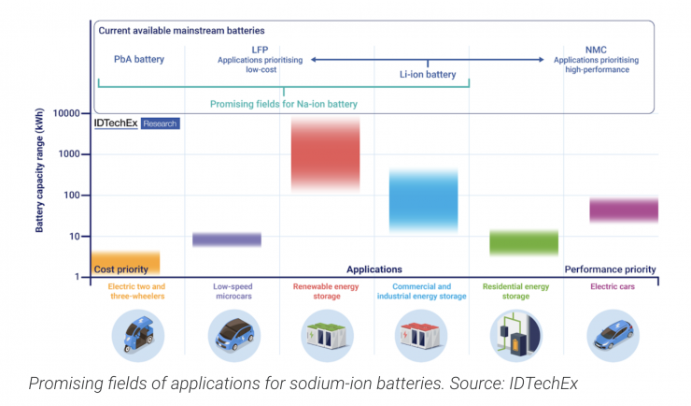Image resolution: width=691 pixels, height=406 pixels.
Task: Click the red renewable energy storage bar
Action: click(x=325, y=154)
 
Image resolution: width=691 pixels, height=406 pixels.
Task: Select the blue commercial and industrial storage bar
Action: click(x=423, y=200)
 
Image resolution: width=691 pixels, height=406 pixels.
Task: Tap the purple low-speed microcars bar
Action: click(x=227, y=239)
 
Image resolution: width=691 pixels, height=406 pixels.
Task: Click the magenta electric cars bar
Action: click(x=624, y=210)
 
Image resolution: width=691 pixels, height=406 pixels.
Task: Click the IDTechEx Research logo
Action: click(x=135, y=123)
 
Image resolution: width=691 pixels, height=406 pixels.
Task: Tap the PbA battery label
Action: click(x=138, y=60)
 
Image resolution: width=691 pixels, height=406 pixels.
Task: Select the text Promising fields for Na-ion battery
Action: click(x=284, y=103)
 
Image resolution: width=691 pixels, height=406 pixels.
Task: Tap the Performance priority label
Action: click(x=611, y=269)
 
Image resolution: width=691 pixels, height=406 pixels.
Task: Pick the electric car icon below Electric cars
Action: click(x=612, y=334)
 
